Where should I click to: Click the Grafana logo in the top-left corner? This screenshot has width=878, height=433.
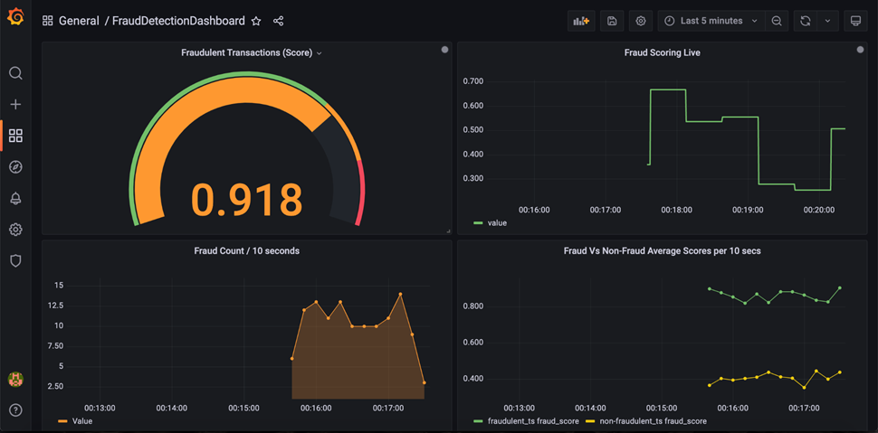pyautogui.click(x=15, y=18)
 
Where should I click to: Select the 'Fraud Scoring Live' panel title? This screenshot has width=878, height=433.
pyautogui.click(x=662, y=52)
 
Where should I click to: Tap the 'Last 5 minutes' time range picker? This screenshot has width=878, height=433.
pyautogui.click(x=711, y=21)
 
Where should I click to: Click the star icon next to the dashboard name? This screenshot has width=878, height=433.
pyautogui.click(x=256, y=21)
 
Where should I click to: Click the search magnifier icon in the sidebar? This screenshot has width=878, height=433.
pyautogui.click(x=15, y=73)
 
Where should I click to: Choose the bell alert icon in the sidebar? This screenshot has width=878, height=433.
pyautogui.click(x=15, y=199)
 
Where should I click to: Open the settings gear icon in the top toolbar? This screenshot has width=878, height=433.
pyautogui.click(x=641, y=21)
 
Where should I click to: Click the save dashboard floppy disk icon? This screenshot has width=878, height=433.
pyautogui.click(x=612, y=21)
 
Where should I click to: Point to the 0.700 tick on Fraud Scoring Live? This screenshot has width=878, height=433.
pyautogui.click(x=472, y=81)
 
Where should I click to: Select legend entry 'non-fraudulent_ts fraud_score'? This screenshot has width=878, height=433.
pyautogui.click(x=648, y=421)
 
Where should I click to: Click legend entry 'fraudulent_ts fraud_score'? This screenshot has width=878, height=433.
pyautogui.click(x=524, y=421)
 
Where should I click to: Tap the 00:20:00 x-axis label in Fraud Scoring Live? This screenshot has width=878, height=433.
pyautogui.click(x=818, y=210)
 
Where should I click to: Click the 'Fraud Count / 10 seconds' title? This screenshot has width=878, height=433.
pyautogui.click(x=246, y=250)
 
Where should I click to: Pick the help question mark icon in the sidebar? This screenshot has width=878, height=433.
pyautogui.click(x=15, y=410)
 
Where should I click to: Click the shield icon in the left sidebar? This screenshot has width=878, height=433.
pyautogui.click(x=15, y=261)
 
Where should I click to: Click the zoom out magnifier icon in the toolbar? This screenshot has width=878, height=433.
pyautogui.click(x=776, y=21)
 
